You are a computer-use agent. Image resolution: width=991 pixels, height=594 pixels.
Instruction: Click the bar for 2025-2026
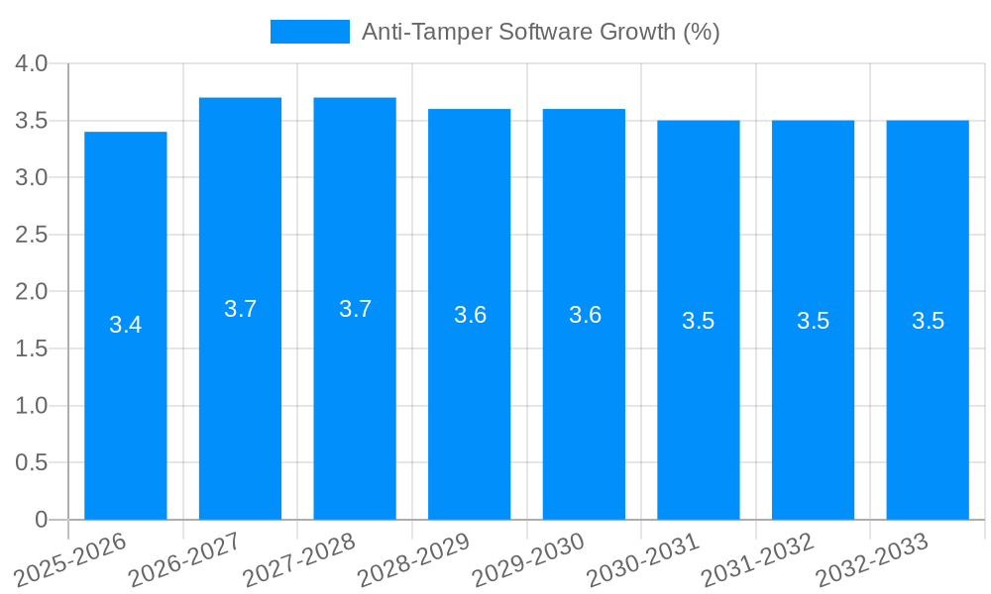[126, 326]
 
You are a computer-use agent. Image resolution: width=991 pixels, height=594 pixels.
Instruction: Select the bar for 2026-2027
[240, 308]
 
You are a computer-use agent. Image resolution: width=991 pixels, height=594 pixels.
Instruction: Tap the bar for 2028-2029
[470, 314]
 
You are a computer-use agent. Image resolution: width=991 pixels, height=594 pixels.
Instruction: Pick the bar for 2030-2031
[699, 320]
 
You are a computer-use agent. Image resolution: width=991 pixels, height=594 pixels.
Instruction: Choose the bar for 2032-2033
[928, 320]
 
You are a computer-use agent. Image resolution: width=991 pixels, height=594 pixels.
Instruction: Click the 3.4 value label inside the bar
[126, 325]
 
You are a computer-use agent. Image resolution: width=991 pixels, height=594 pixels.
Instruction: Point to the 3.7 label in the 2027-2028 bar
[355, 309]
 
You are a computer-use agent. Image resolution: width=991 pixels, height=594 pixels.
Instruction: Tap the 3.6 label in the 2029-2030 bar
[585, 315]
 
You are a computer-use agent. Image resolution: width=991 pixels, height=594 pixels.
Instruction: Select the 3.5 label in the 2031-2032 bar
[813, 321]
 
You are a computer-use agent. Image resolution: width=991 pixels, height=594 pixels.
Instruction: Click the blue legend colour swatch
[310, 32]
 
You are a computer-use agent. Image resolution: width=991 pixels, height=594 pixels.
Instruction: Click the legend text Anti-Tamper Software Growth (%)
[540, 32]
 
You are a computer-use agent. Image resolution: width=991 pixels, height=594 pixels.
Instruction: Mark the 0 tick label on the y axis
[41, 520]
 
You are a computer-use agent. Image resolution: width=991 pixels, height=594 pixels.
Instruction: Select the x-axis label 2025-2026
[71, 557]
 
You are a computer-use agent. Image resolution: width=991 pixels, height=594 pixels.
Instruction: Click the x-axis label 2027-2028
[300, 557]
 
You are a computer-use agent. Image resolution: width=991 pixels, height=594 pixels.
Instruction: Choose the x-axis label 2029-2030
[529, 557]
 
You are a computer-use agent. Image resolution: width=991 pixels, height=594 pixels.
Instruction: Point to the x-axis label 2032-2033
[873, 557]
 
